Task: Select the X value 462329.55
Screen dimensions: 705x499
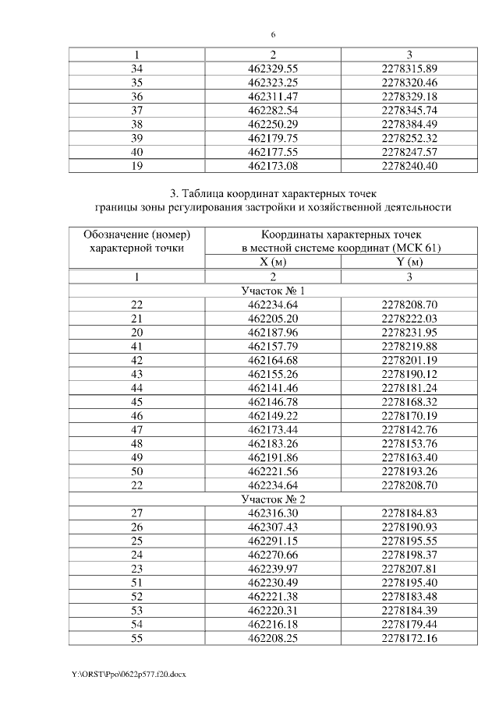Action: point(273,69)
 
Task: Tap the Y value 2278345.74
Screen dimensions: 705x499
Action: point(409,110)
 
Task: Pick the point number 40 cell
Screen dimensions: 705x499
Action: point(136,152)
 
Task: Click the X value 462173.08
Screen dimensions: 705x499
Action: point(273,166)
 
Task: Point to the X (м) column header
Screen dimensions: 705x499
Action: point(273,262)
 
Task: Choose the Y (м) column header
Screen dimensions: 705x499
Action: point(409,262)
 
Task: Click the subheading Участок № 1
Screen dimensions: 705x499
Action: point(273,291)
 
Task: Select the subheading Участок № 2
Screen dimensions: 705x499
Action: point(273,499)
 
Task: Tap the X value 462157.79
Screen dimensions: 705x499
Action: point(273,346)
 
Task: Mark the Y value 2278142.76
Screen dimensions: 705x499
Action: point(409,429)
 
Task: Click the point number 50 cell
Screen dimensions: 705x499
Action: point(136,471)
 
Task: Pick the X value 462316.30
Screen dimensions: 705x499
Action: point(273,513)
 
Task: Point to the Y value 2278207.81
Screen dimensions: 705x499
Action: point(409,569)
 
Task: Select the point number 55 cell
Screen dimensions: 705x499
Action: point(136,639)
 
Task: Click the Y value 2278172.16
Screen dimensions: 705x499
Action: point(409,639)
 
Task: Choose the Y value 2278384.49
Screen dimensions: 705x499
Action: point(409,124)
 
